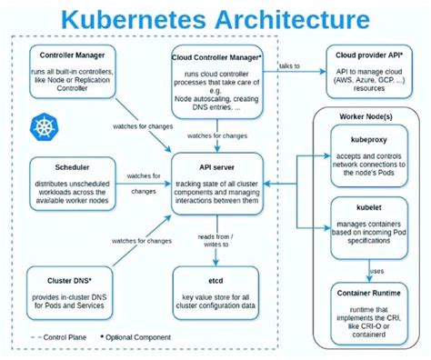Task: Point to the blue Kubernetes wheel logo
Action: (43, 125)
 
